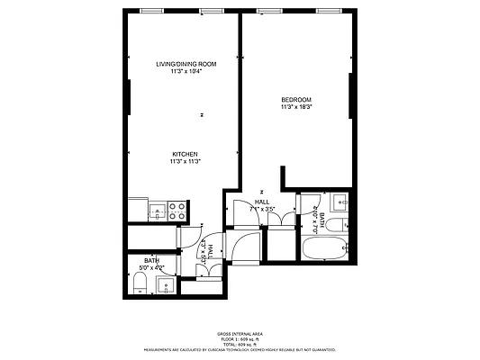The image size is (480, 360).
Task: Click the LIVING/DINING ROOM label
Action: (x=185, y=64)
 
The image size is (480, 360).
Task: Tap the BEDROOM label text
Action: (x=295, y=99)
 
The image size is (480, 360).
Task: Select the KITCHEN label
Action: (x=185, y=154)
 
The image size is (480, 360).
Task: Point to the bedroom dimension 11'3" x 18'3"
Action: (x=295, y=107)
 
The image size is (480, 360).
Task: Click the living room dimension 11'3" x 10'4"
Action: (x=185, y=72)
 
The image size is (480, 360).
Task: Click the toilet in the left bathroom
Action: (x=139, y=286)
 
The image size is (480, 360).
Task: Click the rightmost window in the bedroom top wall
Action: (x=330, y=11)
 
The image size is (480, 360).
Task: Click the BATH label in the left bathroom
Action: (x=152, y=261)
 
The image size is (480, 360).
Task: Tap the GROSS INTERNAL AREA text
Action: (x=239, y=333)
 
